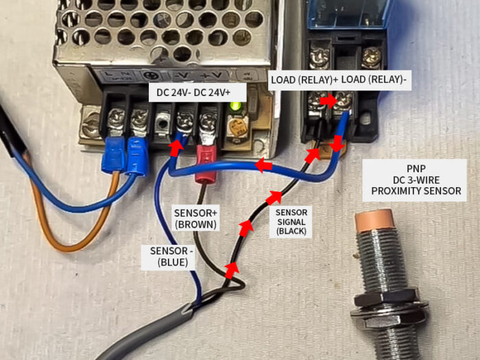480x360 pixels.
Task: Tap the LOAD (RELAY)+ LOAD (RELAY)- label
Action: pos(339,80)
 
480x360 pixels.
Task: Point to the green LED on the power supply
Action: pos(237,106)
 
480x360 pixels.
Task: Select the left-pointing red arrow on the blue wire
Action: pos(263,165)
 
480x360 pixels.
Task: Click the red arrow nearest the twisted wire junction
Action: pos(232,269)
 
